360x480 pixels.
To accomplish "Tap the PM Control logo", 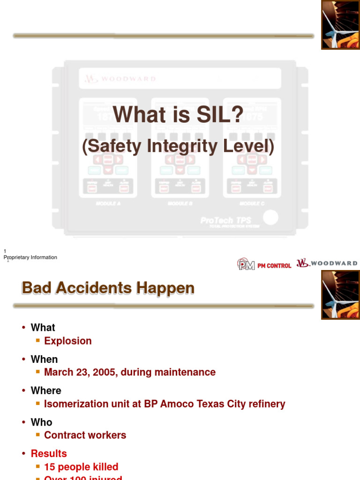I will [x=264, y=264].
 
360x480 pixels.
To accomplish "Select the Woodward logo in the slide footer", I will [x=327, y=263].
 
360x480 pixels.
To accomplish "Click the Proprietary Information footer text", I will [x=30, y=257].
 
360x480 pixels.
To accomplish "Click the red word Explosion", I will [x=68, y=341].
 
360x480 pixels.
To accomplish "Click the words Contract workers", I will [x=85, y=435].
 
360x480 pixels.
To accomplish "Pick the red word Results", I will [x=49, y=453].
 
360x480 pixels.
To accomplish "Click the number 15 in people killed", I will [x=50, y=467].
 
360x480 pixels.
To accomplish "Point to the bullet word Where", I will [x=46, y=390].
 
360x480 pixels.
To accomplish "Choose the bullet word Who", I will [x=41, y=422].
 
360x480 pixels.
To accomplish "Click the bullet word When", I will [x=44, y=359].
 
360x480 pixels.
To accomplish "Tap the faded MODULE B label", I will [x=180, y=204].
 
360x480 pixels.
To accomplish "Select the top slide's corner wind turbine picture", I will [x=340, y=25].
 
